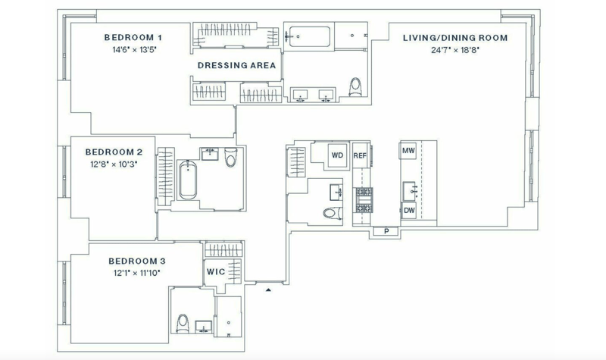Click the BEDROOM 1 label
133,37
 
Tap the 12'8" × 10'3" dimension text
114,164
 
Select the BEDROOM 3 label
137,261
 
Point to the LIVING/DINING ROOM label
455,38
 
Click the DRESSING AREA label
237,65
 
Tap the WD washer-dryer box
337,155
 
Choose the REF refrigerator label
360,156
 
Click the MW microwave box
408,150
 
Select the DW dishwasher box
409,211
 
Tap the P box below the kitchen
386,231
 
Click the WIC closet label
216,272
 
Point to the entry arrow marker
268,290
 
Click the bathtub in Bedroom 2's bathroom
188,180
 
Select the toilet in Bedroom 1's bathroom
355,86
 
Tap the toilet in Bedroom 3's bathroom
183,324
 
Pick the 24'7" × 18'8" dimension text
455,50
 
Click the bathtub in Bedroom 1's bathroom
310,36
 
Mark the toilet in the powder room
333,213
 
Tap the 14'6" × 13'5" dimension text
135,50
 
